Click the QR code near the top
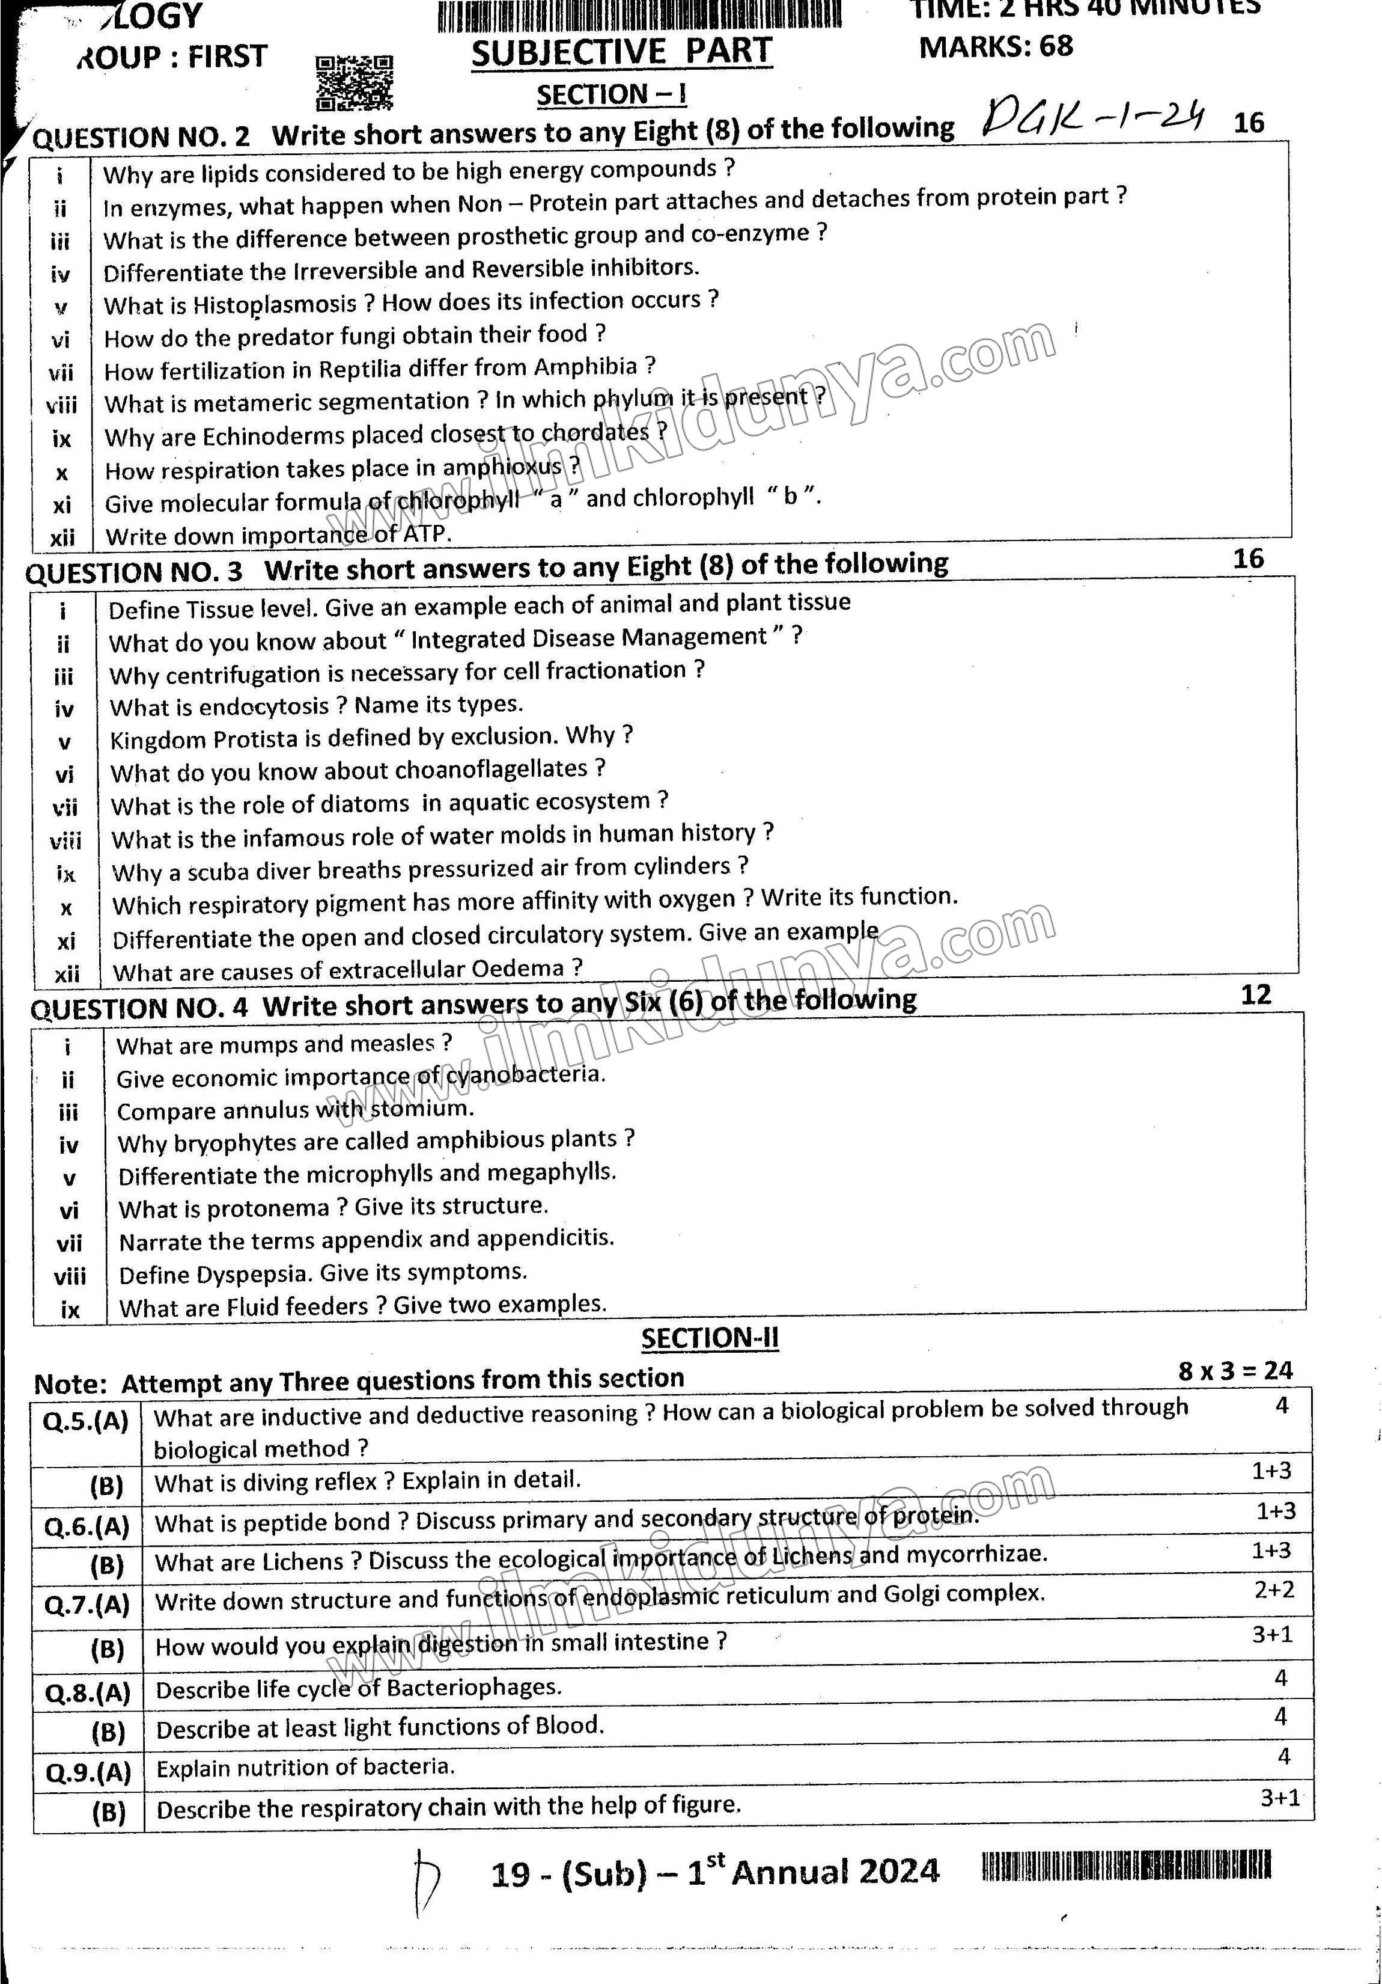(x=354, y=83)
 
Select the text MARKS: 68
(x=995, y=46)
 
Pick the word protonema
(x=269, y=1208)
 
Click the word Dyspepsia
(x=252, y=1275)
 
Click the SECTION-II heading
(x=709, y=1338)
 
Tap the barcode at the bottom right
(x=1125, y=1867)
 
